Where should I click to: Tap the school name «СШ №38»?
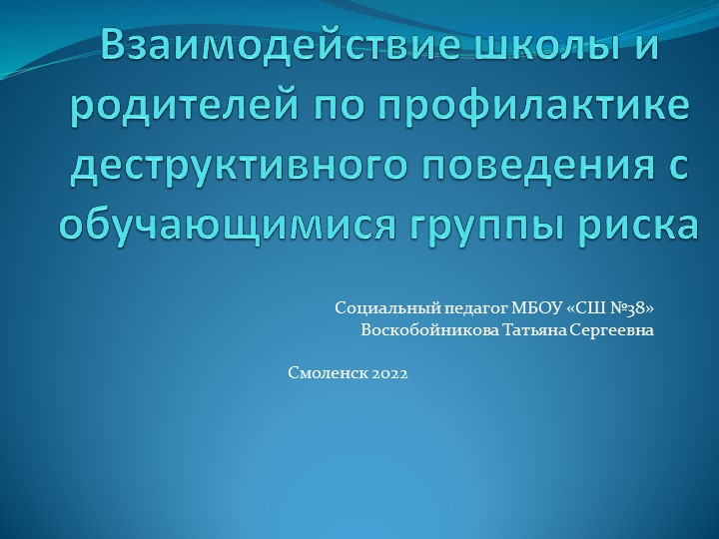coord(613,308)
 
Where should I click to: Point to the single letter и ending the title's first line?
coord(648,48)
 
